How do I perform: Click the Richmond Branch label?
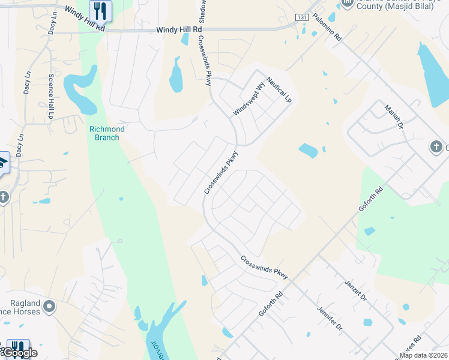click(x=107, y=133)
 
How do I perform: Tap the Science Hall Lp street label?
click(x=51, y=96)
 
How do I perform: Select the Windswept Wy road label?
click(x=249, y=100)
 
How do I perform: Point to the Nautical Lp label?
click(x=279, y=88)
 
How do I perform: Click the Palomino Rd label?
click(x=327, y=28)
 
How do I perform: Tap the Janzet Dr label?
click(x=356, y=290)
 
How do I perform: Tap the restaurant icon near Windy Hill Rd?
click(x=100, y=10)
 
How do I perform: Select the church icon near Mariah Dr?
click(x=436, y=147)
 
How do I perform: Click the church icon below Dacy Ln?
click(x=4, y=197)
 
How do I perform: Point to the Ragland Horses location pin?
click(x=49, y=307)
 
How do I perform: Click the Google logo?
click(x=20, y=352)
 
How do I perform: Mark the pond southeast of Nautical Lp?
click(x=308, y=151)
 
